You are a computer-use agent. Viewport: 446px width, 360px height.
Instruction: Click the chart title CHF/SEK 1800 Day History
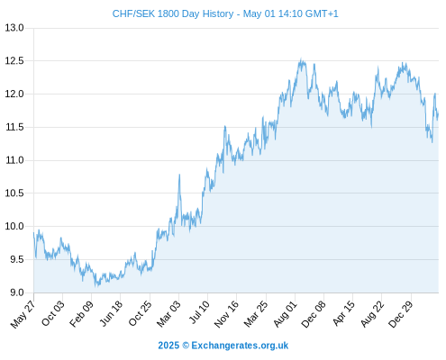[x=173, y=13]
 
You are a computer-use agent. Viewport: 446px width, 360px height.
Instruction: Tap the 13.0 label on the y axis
[x=14, y=28]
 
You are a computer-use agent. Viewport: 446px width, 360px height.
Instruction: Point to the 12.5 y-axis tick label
[x=14, y=61]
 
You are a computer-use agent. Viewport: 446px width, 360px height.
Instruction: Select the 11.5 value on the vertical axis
[x=14, y=127]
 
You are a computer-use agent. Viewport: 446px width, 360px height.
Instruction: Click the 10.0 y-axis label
[x=14, y=226]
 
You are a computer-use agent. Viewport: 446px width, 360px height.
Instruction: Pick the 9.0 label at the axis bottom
[x=17, y=292]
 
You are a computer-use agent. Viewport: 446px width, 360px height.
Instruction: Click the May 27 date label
[x=23, y=314]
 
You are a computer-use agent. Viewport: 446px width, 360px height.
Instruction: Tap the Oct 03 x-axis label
[x=53, y=313]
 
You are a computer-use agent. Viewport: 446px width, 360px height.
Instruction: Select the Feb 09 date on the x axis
[x=81, y=314]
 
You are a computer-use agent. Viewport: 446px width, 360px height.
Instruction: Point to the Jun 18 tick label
[x=111, y=313]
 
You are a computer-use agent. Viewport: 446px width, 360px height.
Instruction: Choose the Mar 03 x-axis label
[x=168, y=314]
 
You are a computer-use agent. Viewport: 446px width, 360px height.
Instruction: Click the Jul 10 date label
[x=199, y=312]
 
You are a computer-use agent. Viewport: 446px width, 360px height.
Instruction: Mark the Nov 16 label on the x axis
[x=226, y=314]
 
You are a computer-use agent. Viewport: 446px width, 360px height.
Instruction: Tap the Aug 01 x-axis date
[x=285, y=314]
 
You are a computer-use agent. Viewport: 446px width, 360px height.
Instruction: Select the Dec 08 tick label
[x=314, y=314]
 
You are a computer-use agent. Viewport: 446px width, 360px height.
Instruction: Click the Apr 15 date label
[x=343, y=313]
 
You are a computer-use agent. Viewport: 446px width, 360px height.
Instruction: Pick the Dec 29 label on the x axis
[x=400, y=314]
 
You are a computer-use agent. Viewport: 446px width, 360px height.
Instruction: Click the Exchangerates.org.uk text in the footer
[x=240, y=346]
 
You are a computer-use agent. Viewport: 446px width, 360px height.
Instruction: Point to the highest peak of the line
[x=301, y=59]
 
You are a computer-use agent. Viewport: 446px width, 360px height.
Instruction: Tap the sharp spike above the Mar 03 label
[x=179, y=175]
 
